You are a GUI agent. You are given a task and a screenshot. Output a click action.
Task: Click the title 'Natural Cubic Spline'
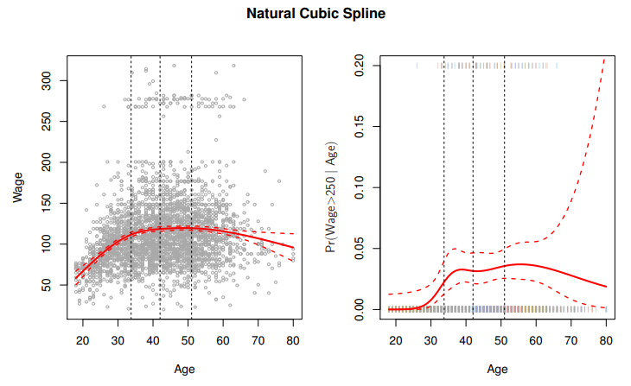(x=315, y=14)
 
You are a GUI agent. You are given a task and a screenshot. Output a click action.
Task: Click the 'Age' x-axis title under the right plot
(x=497, y=369)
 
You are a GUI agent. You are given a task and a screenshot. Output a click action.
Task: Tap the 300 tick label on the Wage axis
(x=49, y=81)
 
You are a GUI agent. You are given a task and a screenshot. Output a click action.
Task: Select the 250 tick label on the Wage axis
(x=49, y=122)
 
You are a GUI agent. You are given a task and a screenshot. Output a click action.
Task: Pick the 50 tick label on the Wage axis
(x=49, y=285)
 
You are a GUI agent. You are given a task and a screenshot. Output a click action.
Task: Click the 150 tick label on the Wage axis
(x=49, y=203)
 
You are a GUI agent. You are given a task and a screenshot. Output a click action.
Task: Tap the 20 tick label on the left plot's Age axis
(x=83, y=340)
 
